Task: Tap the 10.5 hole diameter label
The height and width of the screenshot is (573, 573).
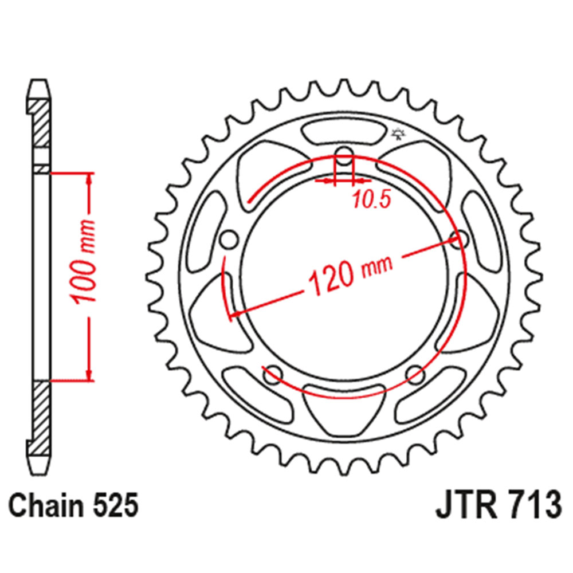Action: pos(371,199)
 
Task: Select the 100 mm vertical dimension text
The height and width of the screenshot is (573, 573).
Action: pos(81,260)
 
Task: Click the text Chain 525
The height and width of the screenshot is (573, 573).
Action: pos(74,507)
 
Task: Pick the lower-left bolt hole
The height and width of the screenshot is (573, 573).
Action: pos(272,375)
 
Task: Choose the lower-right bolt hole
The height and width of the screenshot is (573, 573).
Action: pos(415,375)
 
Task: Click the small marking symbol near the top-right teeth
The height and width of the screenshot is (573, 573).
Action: pos(397,135)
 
